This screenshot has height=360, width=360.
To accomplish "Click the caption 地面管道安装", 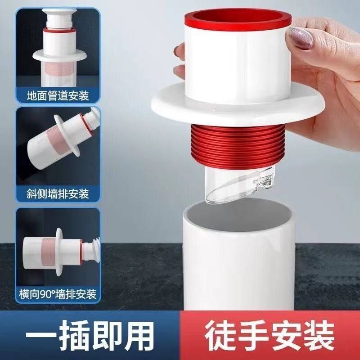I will click(58, 96).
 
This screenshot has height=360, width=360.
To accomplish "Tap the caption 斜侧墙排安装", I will click(58, 194).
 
